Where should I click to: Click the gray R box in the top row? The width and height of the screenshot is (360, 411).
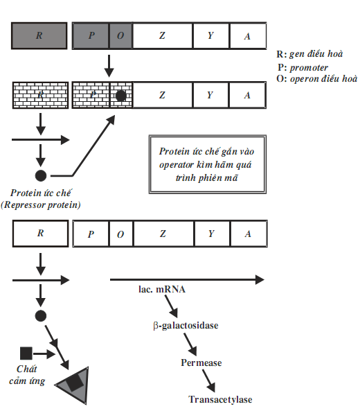pyautogui.click(x=39, y=35)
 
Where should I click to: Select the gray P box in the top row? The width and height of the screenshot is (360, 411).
pyautogui.click(x=91, y=35)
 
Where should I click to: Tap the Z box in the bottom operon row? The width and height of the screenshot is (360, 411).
pyautogui.click(x=163, y=234)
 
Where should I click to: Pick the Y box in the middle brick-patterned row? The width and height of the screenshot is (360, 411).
pyautogui.click(x=210, y=95)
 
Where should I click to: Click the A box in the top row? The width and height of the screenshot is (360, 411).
pyautogui.click(x=248, y=35)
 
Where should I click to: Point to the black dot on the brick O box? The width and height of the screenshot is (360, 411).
pyautogui.click(x=120, y=96)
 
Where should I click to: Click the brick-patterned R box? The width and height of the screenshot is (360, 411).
pyautogui.click(x=41, y=95)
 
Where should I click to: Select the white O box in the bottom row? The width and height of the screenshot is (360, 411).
pyautogui.click(x=121, y=234)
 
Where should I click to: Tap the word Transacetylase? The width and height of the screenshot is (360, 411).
pyautogui.click(x=220, y=399)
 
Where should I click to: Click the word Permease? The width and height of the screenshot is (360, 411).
pyautogui.click(x=201, y=362)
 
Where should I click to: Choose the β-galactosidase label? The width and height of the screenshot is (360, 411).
pyautogui.click(x=186, y=326)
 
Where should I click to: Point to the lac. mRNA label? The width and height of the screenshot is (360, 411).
pyautogui.click(x=162, y=290)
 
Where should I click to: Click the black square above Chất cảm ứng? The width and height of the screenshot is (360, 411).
pyautogui.click(x=26, y=353)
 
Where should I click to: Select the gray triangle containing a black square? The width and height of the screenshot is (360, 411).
pyautogui.click(x=75, y=385)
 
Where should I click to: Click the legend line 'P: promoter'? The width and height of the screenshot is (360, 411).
pyautogui.click(x=303, y=68)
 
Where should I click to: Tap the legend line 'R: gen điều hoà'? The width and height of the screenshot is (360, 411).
pyautogui.click(x=309, y=54)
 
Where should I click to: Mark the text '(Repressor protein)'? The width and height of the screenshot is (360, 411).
pyautogui.click(x=41, y=204)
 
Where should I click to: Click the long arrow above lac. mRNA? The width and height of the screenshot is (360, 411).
pyautogui.click(x=187, y=280)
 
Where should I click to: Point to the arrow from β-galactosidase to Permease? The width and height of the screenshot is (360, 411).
pyautogui.click(x=190, y=344)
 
